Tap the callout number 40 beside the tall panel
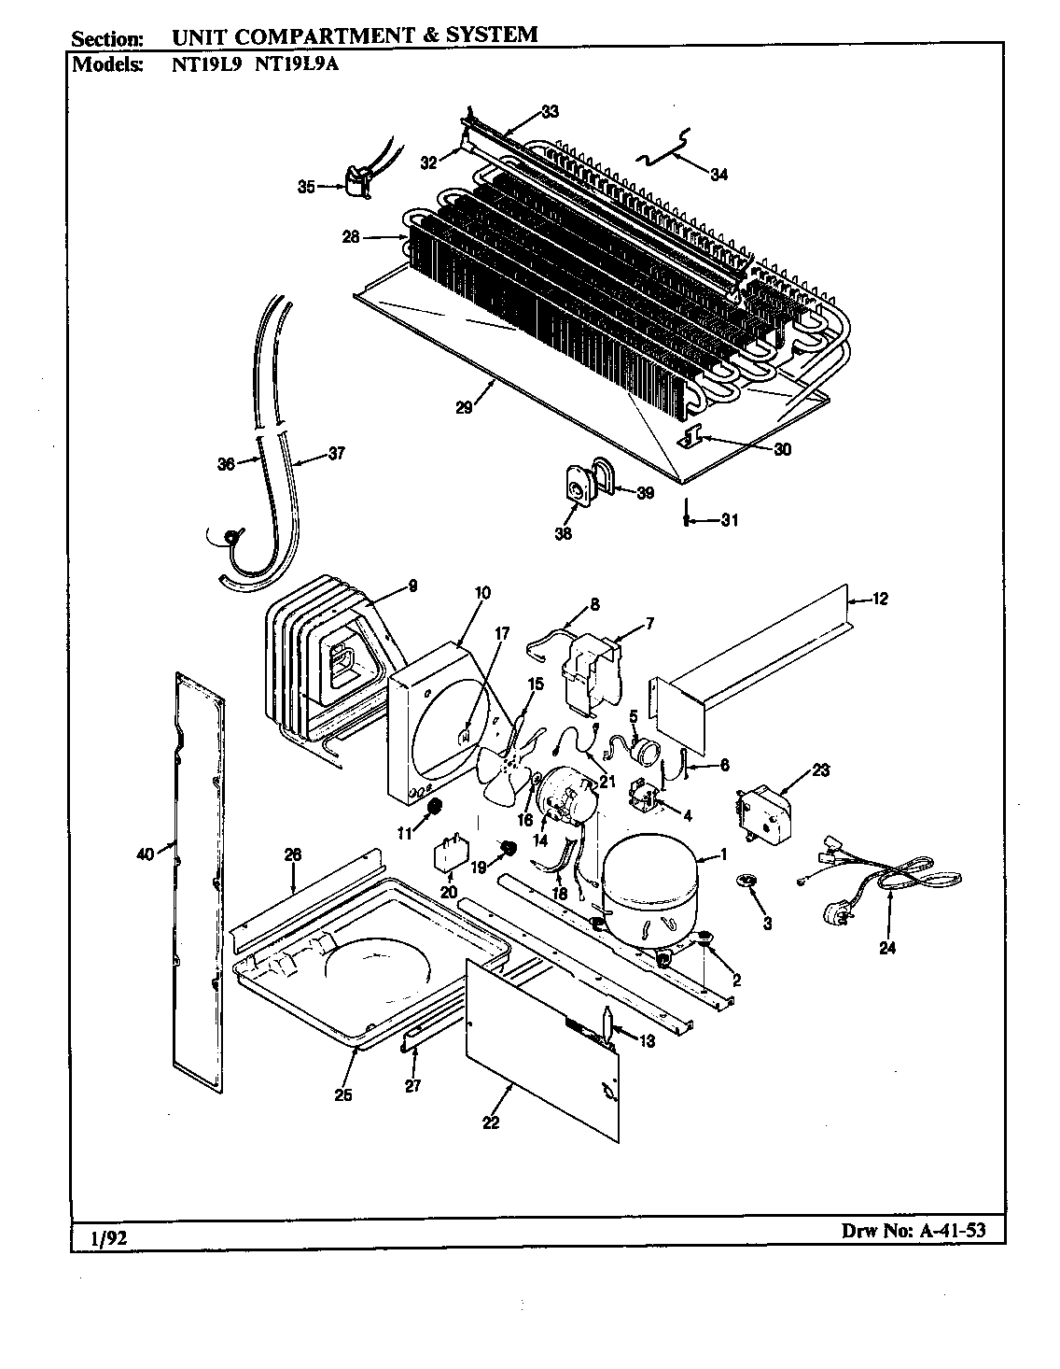click(145, 851)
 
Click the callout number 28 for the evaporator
click(350, 237)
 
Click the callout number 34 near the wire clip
click(718, 174)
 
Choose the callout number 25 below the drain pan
click(342, 1095)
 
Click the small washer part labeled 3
click(746, 881)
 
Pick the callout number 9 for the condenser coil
click(412, 586)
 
